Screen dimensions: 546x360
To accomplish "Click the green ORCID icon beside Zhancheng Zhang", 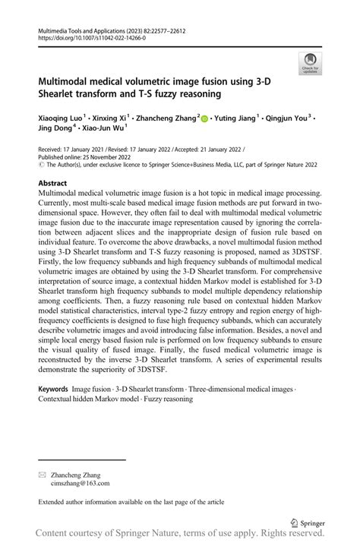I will (206, 118).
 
